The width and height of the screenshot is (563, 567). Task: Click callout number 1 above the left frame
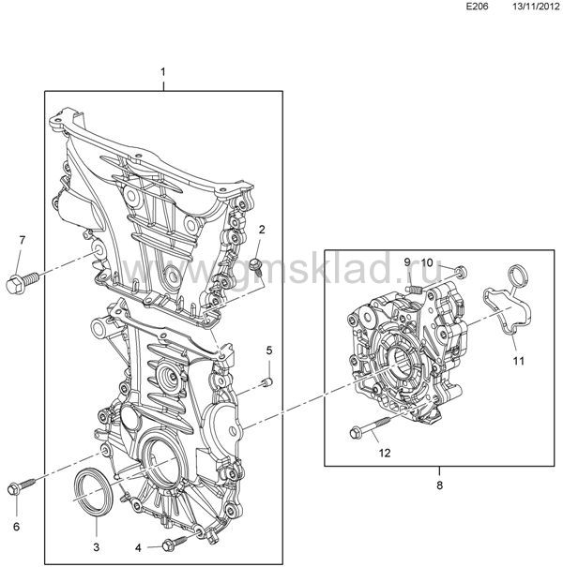click(163, 72)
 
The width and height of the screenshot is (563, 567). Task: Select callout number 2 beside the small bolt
click(262, 230)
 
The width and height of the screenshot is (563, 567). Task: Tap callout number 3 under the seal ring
click(97, 547)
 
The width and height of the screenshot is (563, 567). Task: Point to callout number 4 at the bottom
click(138, 548)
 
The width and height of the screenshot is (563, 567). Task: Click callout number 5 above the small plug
click(269, 350)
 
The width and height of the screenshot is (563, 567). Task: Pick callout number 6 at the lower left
click(16, 527)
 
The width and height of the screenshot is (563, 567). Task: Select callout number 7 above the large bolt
click(23, 239)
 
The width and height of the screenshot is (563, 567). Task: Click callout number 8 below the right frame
click(439, 485)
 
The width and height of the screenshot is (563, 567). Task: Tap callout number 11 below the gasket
click(519, 361)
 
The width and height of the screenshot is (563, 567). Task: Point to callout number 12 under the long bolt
click(385, 453)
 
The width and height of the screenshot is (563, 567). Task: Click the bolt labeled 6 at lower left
click(21, 486)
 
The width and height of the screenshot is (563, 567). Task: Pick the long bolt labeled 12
click(370, 427)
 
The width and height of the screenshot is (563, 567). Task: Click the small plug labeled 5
click(267, 381)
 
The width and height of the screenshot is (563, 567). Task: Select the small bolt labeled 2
click(256, 263)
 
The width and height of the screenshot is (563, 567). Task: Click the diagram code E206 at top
click(477, 7)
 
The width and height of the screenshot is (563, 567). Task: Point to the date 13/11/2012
click(536, 7)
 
